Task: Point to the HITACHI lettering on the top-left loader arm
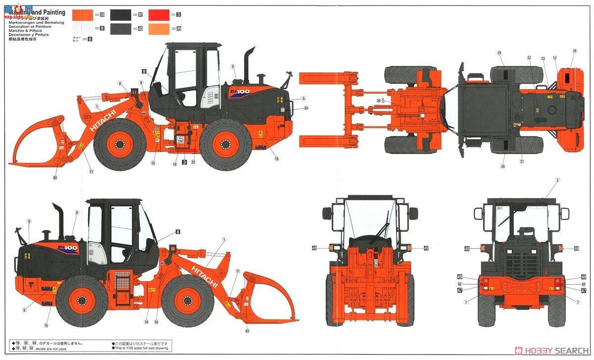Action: [x=103, y=120]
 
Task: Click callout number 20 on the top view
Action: [x=379, y=101]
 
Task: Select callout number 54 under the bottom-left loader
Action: [x=147, y=322]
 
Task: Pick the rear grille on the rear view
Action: [x=526, y=260]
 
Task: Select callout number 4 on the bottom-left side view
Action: [x=77, y=212]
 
